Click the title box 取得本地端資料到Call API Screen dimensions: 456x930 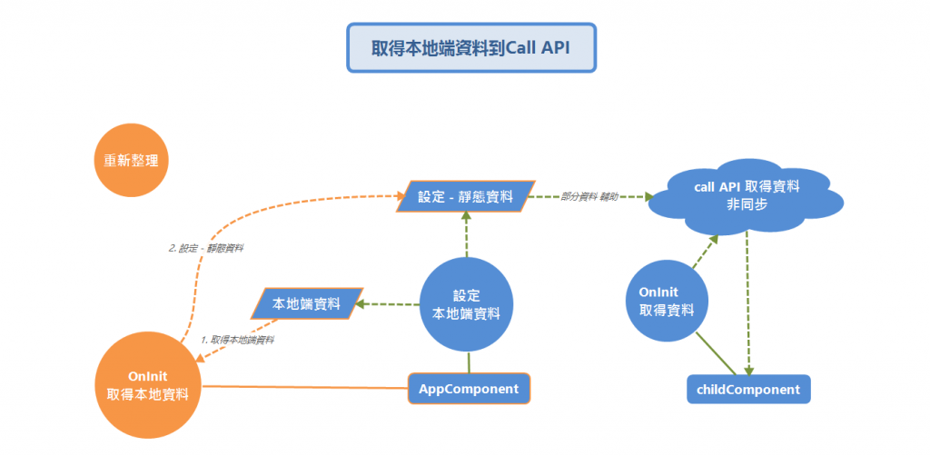pyautogui.click(x=470, y=48)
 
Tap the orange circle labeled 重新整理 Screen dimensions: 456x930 pyautogui.click(x=132, y=161)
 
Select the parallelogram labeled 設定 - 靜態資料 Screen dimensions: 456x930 pyautogui.click(x=465, y=195)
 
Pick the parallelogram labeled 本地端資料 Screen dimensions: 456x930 pyautogui.click(x=306, y=303)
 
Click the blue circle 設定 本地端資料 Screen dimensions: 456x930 pyautogui.click(x=467, y=305)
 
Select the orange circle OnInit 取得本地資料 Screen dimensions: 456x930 pyautogui.click(x=149, y=386)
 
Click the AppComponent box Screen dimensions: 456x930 pyautogui.click(x=468, y=389)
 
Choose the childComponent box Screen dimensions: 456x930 pyautogui.click(x=748, y=390)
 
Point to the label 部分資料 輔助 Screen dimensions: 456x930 pyautogui.click(x=589, y=196)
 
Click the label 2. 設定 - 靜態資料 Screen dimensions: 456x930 pyautogui.click(x=206, y=246)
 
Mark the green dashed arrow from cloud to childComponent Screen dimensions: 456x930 pyautogui.click(x=747, y=300)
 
